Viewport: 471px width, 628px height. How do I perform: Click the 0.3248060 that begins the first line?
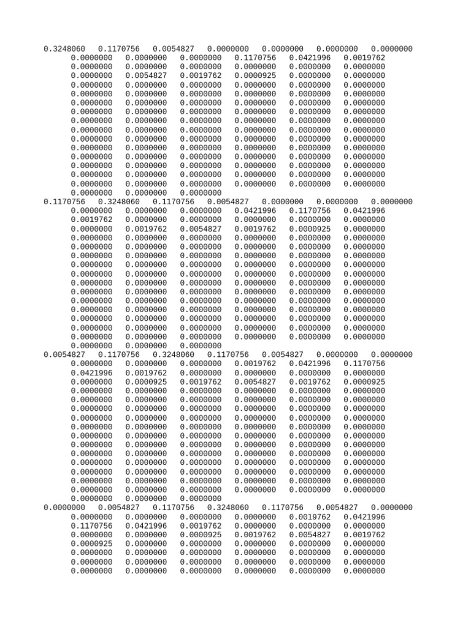[x=64, y=49]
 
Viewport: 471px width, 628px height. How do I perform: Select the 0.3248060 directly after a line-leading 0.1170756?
[x=119, y=202]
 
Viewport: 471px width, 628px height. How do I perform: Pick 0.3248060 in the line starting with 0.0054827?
[x=174, y=354]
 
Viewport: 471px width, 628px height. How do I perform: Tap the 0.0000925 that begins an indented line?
[x=92, y=543]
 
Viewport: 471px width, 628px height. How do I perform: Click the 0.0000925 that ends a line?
[x=364, y=381]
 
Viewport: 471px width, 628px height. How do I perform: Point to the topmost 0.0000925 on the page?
[x=255, y=76]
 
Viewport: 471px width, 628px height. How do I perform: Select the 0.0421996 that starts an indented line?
[x=92, y=372]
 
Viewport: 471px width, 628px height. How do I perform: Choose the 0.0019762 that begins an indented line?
[x=92, y=220]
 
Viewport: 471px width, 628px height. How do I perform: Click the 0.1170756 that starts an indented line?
[x=92, y=526]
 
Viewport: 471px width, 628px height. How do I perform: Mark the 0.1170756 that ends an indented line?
[x=364, y=364]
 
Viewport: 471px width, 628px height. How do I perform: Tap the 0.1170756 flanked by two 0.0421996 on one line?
[x=310, y=211]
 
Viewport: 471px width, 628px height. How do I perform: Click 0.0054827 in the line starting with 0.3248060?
[x=174, y=49]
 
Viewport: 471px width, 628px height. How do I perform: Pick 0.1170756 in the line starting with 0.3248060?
[x=119, y=49]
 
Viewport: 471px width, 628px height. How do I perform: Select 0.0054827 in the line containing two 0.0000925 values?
[x=255, y=381]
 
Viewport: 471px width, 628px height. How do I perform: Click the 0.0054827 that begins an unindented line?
[x=64, y=354]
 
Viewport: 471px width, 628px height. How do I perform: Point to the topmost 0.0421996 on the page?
[x=310, y=58]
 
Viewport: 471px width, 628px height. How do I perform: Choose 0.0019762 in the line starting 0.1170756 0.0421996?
[x=201, y=526]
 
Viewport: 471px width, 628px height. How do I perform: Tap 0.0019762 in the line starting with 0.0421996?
[x=147, y=372]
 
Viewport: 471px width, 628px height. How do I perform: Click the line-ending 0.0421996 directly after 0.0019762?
[x=364, y=516]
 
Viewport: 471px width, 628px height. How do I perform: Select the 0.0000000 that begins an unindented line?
[x=64, y=507]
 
